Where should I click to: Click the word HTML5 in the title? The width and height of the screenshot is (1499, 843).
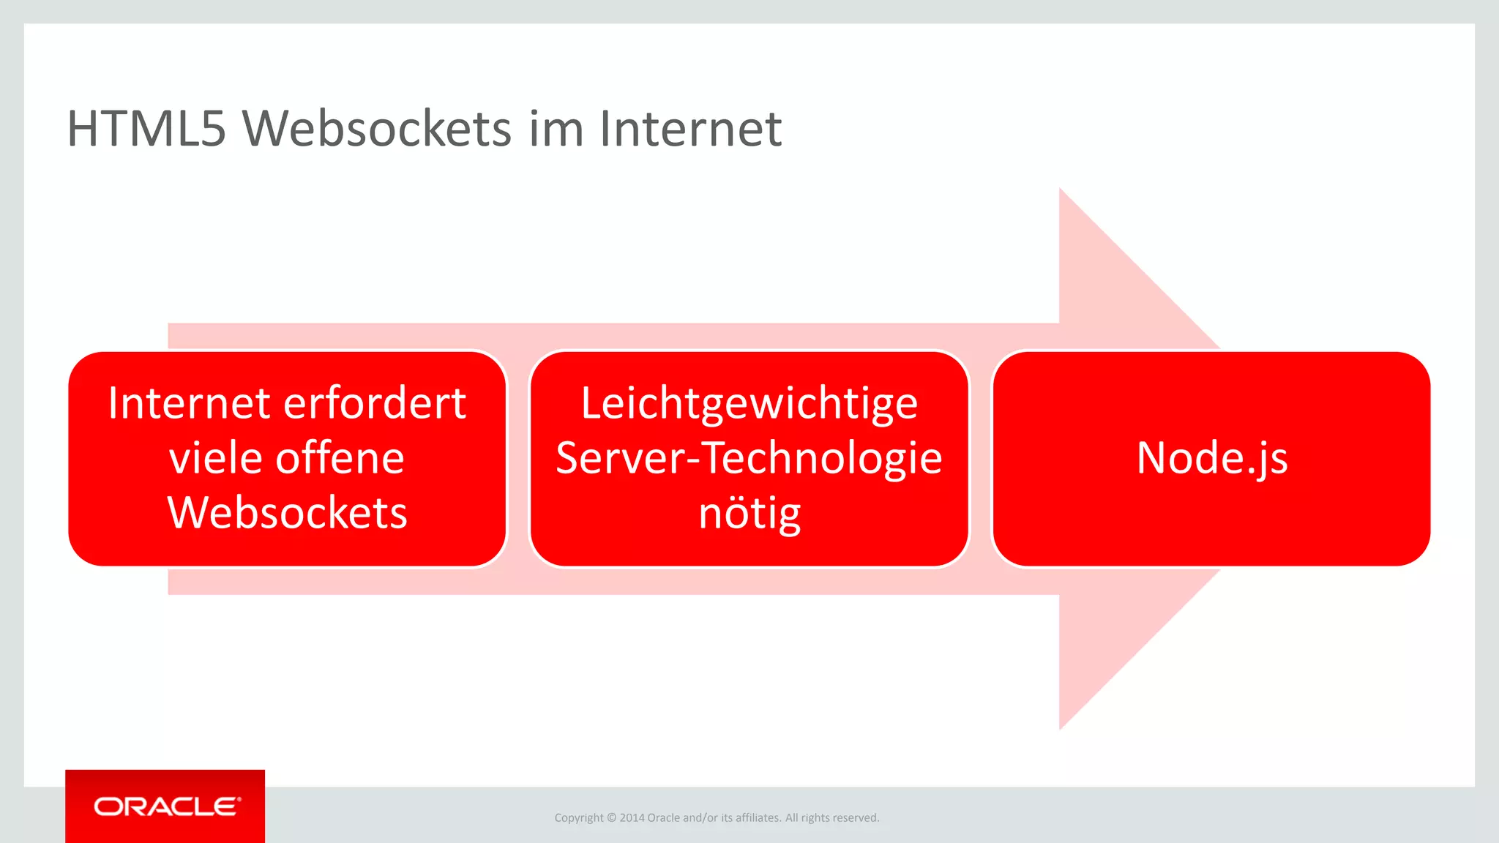point(146,129)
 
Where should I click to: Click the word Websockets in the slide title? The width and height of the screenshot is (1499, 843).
point(377,129)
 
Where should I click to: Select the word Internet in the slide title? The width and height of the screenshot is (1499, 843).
point(690,129)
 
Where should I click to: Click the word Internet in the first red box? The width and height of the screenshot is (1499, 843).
point(190,403)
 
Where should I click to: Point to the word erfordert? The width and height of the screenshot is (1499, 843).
point(375,403)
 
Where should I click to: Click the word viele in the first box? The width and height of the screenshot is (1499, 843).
point(216,458)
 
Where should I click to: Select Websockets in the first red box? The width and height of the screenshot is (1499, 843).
point(287,512)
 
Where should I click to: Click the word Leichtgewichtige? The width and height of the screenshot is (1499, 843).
point(749,403)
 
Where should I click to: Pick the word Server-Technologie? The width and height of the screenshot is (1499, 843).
point(749,458)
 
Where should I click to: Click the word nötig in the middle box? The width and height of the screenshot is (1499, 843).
point(749,514)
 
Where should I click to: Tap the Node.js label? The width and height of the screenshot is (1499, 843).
point(1212,458)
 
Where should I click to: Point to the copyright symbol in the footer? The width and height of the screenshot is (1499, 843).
point(612,818)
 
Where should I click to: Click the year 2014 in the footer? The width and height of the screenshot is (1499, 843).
point(632,818)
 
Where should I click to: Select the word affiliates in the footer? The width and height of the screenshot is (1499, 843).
point(758,818)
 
